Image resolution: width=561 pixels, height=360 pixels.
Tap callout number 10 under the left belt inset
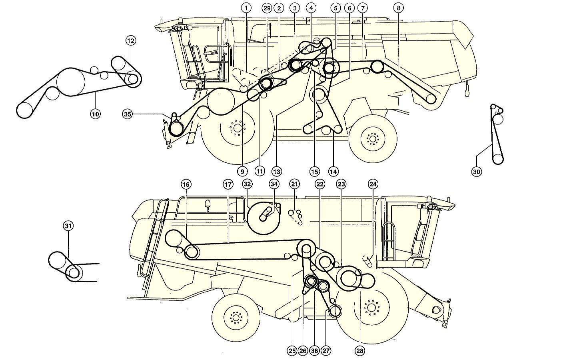point(95,114)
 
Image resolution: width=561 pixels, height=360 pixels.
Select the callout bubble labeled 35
point(128,114)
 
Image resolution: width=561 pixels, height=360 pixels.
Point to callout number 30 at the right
point(476,172)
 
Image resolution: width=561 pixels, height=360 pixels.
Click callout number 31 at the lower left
point(68,226)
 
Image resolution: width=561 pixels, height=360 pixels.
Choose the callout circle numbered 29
point(267,8)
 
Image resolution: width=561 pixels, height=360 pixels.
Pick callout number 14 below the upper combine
point(333,172)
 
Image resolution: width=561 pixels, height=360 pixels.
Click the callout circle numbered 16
point(186,184)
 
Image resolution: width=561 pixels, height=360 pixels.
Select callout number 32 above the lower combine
point(247,184)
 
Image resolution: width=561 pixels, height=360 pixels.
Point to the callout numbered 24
point(373,184)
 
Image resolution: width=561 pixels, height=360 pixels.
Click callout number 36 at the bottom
point(314,351)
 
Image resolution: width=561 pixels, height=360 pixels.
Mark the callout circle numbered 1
point(246,8)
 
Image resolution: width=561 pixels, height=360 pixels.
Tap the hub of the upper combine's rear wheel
point(373,139)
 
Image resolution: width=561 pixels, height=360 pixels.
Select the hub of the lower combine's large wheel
point(372,307)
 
